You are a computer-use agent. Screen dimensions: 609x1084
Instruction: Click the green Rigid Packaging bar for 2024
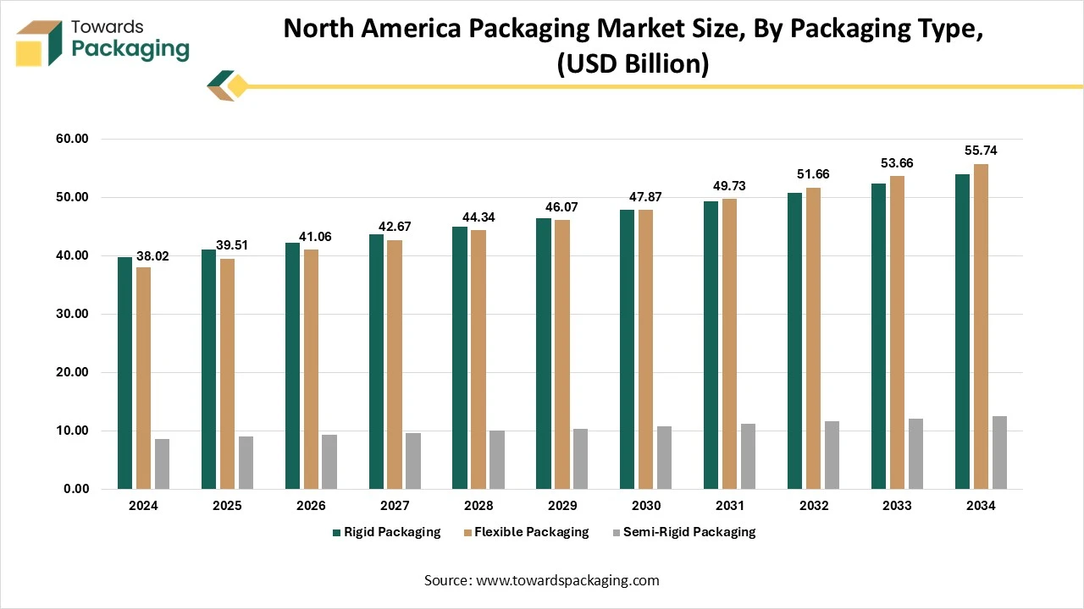click(x=124, y=372)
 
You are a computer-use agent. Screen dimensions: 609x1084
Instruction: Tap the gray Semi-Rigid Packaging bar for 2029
click(x=580, y=458)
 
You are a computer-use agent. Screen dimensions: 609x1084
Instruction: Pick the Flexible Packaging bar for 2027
click(x=395, y=364)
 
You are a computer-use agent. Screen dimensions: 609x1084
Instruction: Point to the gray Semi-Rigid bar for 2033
click(x=915, y=453)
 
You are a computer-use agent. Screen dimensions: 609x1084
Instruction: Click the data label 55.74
click(x=982, y=151)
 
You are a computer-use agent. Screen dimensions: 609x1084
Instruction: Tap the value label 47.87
click(x=646, y=197)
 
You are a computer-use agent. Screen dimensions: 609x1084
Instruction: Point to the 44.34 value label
click(x=478, y=217)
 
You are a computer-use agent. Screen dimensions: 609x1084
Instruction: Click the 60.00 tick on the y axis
click(x=71, y=139)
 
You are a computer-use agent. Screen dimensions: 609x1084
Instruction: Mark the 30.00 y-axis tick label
click(x=71, y=314)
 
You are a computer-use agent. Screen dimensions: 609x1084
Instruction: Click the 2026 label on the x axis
click(x=311, y=506)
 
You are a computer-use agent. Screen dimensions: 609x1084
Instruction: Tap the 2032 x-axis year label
click(x=813, y=506)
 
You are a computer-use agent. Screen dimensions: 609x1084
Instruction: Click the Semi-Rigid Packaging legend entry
click(x=683, y=532)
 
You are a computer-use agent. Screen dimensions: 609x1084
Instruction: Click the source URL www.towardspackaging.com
click(x=567, y=580)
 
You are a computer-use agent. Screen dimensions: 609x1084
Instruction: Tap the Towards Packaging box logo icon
click(x=40, y=42)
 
